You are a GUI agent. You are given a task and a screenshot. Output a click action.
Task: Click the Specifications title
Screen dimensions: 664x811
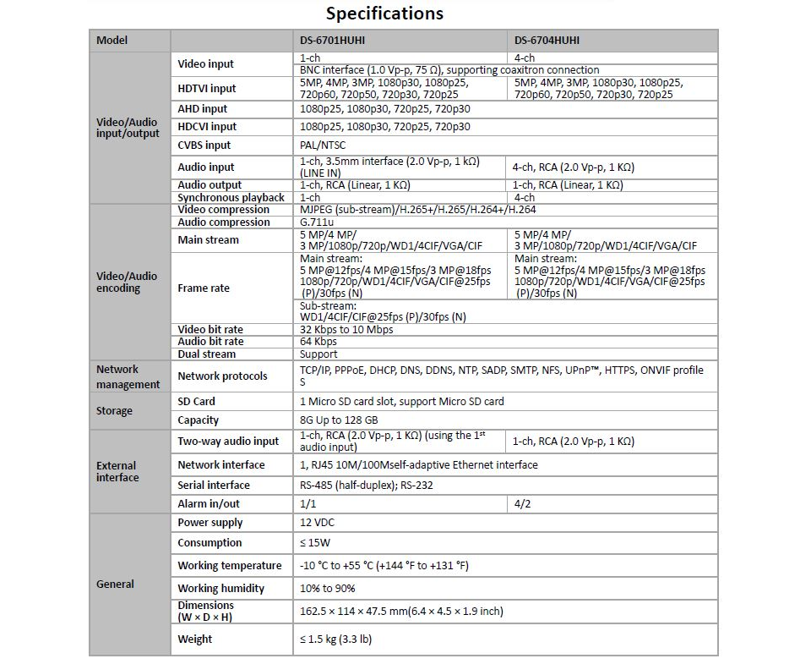(x=384, y=14)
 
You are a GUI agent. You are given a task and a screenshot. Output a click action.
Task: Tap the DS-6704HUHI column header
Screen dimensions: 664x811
(x=547, y=41)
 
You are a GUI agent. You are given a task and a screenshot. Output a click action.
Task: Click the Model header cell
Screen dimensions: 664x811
(x=112, y=41)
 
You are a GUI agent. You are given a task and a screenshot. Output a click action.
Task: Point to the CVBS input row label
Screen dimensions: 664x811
(x=204, y=145)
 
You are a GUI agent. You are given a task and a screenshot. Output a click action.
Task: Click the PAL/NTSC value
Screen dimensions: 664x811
(x=323, y=145)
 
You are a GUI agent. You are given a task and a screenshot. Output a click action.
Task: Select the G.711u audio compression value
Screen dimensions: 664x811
(x=317, y=222)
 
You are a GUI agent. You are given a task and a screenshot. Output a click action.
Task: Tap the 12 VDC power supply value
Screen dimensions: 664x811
(x=318, y=523)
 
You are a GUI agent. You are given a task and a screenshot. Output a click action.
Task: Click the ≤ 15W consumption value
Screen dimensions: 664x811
(x=315, y=543)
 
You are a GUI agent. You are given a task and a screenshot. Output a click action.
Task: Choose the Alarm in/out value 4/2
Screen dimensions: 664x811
(x=524, y=504)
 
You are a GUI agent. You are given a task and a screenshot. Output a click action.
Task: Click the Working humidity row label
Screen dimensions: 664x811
(x=220, y=589)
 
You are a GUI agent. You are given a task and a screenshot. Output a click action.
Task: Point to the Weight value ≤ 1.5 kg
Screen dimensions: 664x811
(x=335, y=639)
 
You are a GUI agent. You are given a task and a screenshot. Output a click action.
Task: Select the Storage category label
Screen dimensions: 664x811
(x=114, y=411)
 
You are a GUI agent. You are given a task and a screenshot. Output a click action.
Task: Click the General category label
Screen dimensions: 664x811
(x=115, y=584)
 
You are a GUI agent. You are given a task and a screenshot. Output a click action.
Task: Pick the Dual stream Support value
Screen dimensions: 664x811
(x=318, y=354)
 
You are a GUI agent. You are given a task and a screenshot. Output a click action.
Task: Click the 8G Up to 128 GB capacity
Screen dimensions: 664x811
(x=339, y=420)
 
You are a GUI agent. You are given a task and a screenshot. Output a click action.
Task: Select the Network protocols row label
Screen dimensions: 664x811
(x=222, y=376)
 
